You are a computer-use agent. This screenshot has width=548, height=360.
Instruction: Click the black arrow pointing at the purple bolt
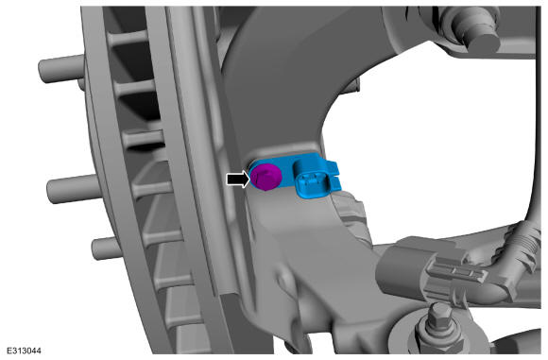(x=239, y=180)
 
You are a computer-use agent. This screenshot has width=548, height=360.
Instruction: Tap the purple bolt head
(x=265, y=178)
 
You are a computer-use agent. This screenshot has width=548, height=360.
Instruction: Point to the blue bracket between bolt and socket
(x=287, y=171)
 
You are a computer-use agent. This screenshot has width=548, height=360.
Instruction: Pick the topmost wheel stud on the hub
(x=60, y=69)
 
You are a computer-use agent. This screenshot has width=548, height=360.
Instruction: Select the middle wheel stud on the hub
(x=74, y=189)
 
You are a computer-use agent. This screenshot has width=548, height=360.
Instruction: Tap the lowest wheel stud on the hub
(x=107, y=249)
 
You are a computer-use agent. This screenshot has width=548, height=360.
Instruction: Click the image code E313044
(x=23, y=351)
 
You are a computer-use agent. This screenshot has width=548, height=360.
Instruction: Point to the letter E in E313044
(x=9, y=351)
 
